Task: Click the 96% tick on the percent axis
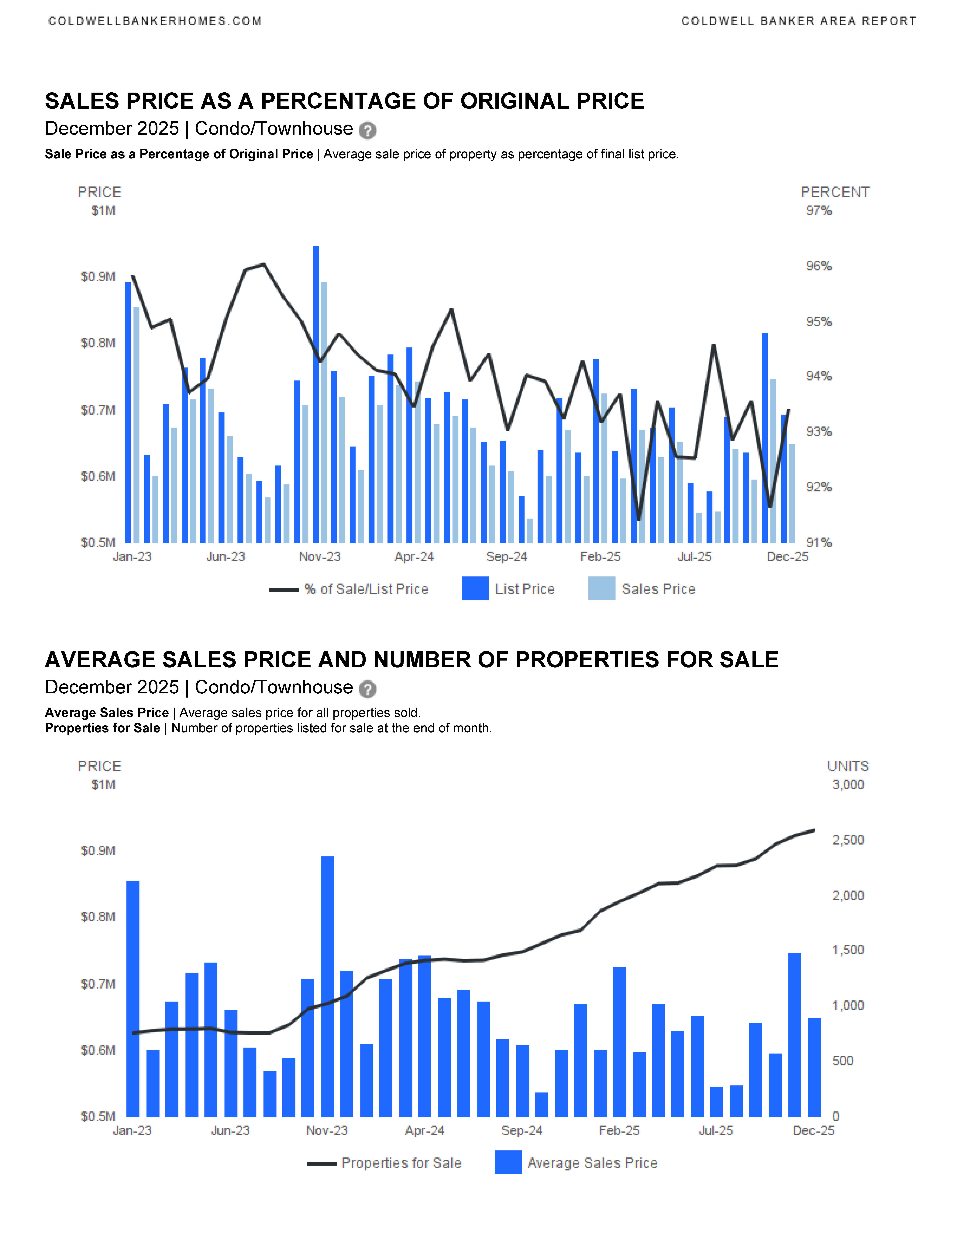(x=818, y=266)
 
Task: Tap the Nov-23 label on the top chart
(x=320, y=557)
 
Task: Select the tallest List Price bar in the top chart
(x=316, y=394)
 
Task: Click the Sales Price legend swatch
(x=601, y=589)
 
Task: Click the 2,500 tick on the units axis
(x=848, y=840)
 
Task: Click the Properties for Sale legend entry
(x=401, y=1163)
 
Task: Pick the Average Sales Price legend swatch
(x=508, y=1163)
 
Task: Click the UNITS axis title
(x=848, y=766)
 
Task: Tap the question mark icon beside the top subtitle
(x=367, y=131)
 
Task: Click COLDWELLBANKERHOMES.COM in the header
(x=155, y=21)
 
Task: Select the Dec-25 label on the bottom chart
(x=813, y=1131)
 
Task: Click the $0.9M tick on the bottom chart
(x=98, y=851)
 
